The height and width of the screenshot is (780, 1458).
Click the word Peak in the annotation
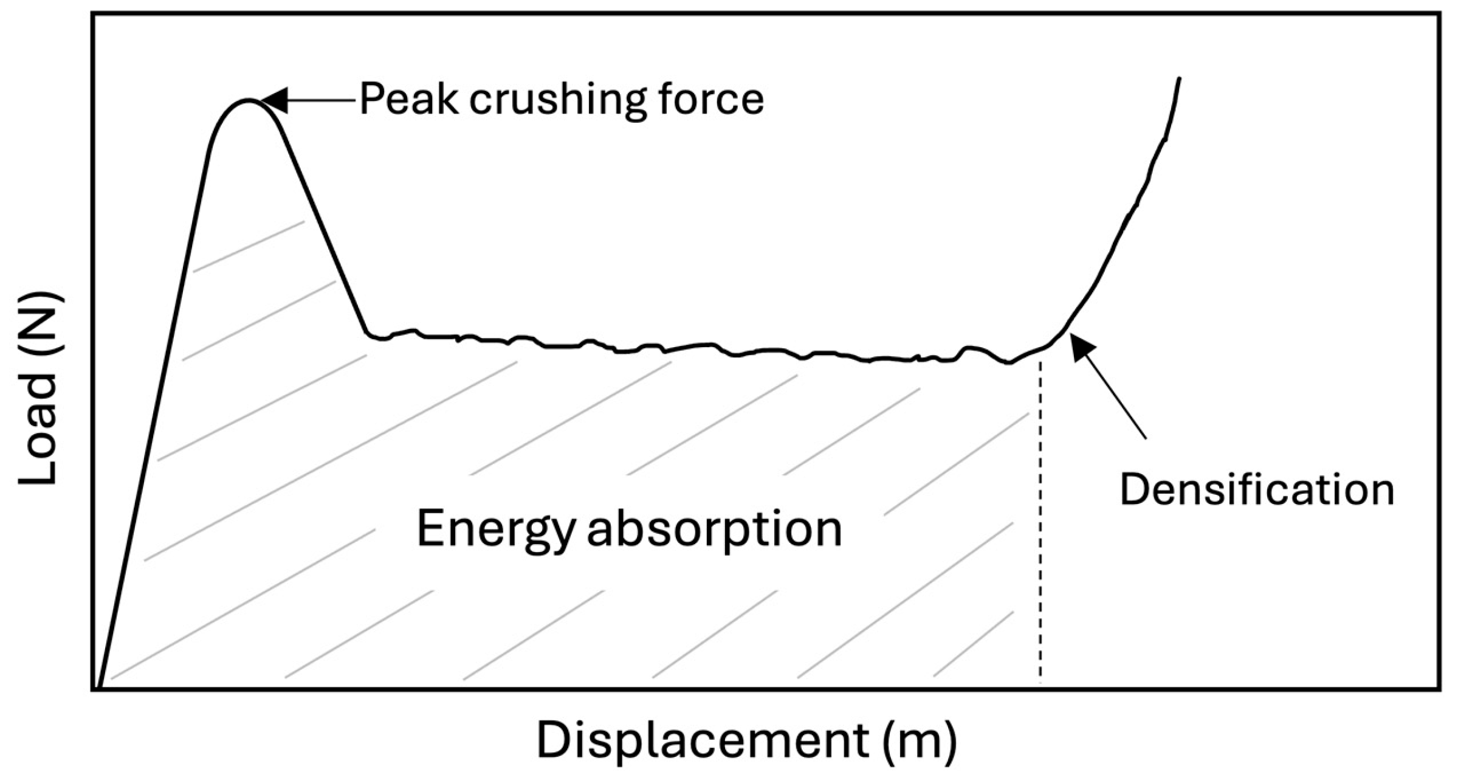(408, 99)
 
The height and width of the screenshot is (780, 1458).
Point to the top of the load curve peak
(248, 100)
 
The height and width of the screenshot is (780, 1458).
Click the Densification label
(1257, 489)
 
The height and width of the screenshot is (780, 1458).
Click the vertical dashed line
(1040, 517)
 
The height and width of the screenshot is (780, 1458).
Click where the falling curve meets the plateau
(368, 333)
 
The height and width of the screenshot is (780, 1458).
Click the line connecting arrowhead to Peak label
(319, 100)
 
